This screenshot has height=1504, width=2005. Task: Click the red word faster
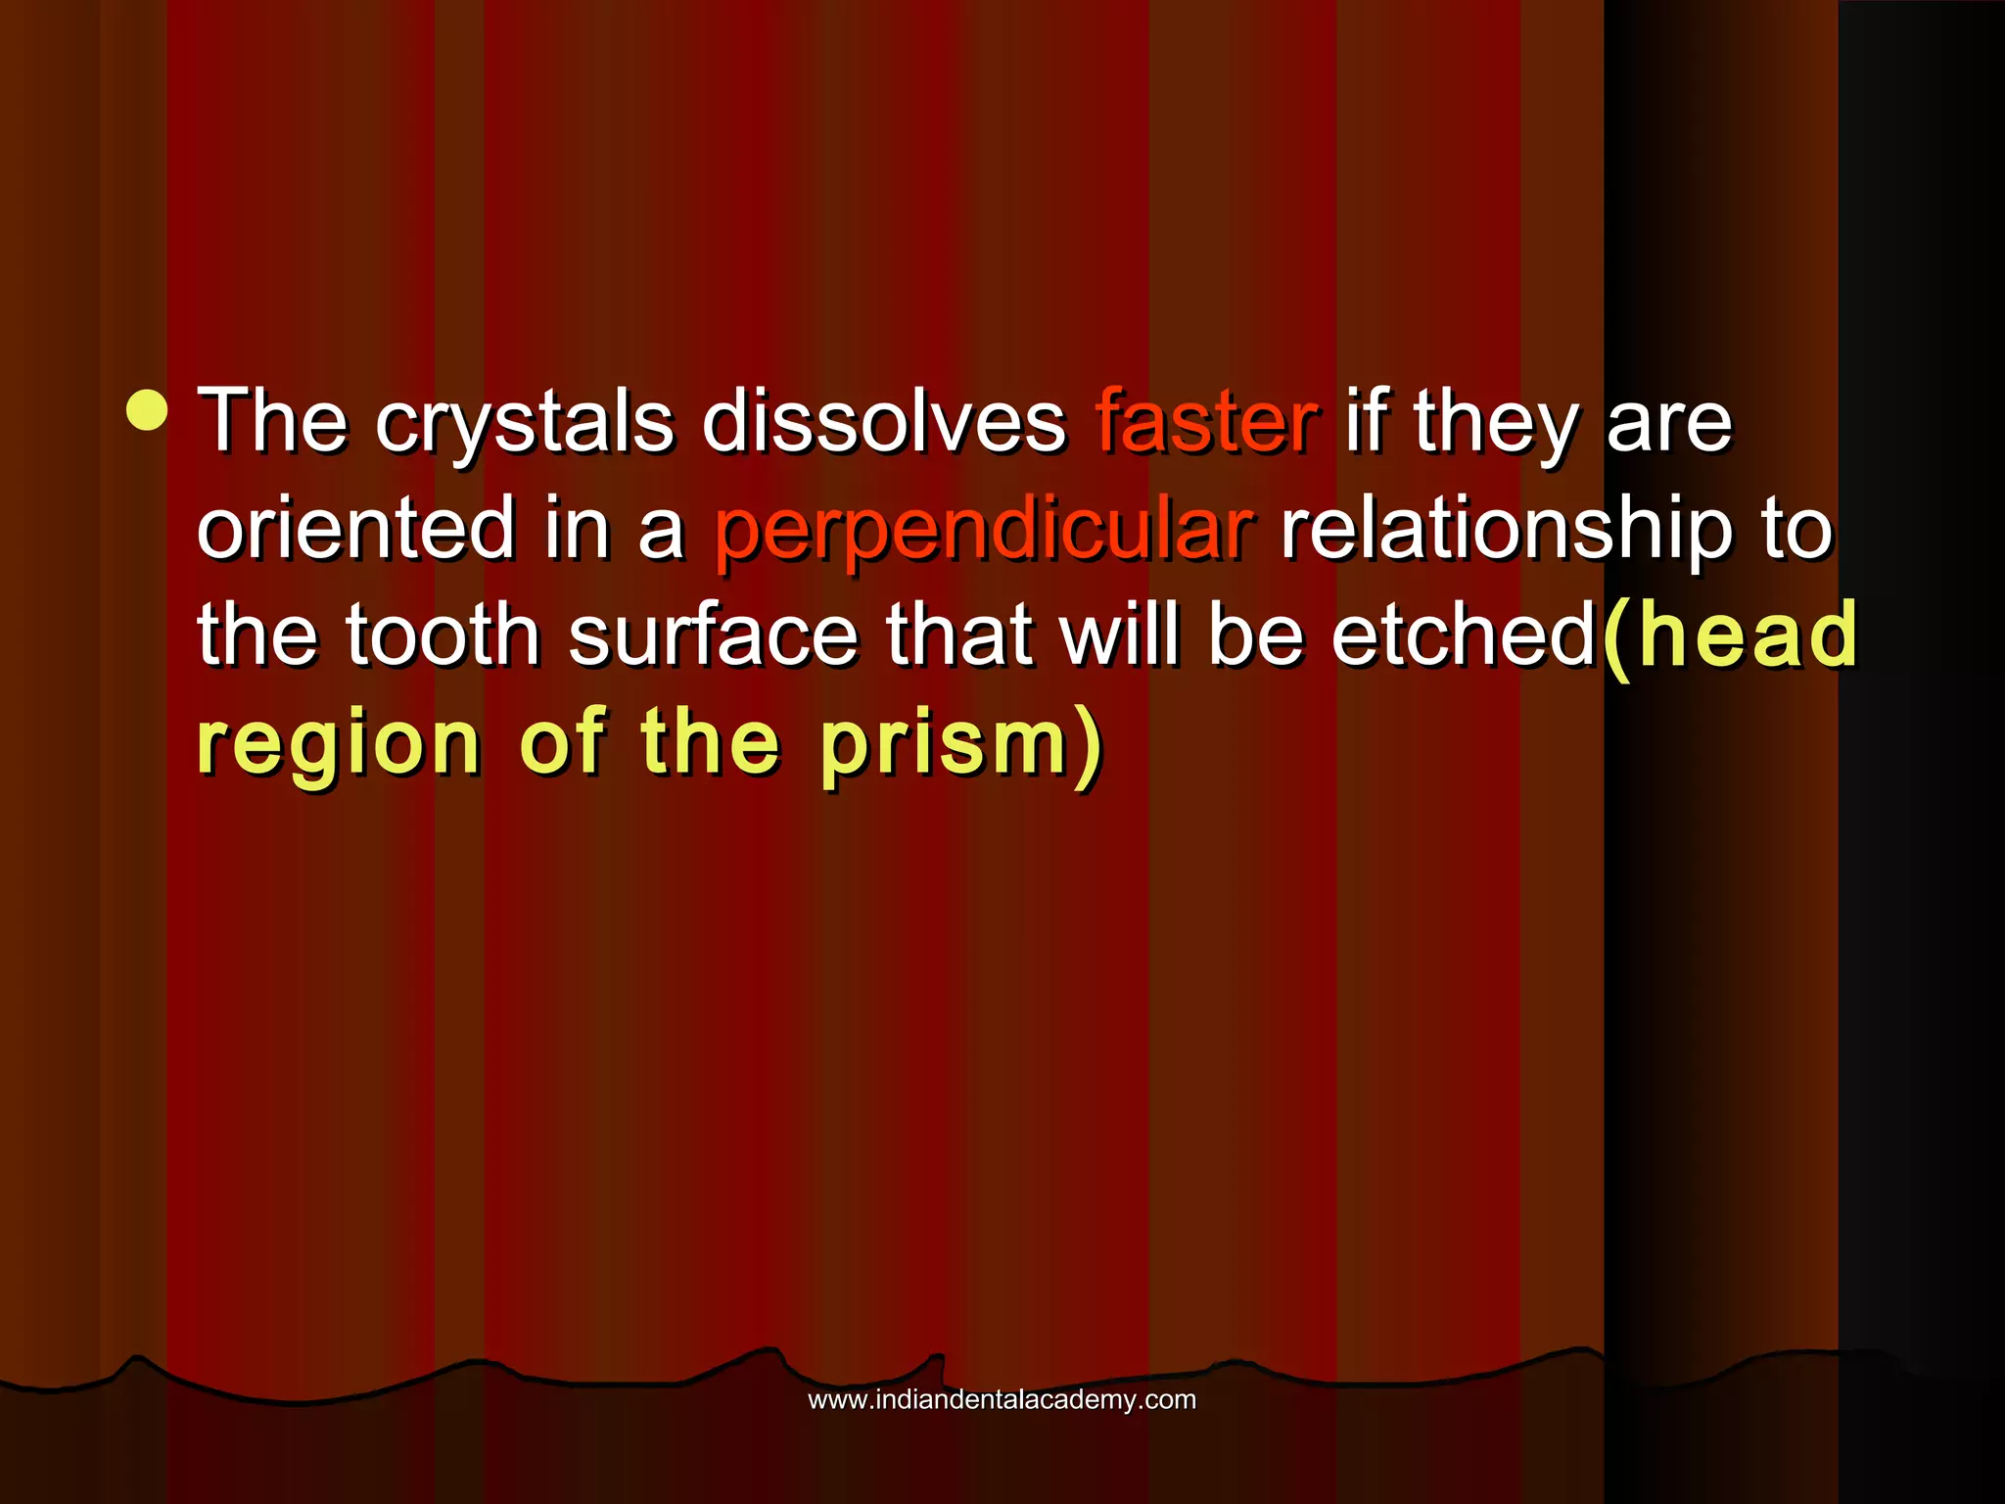[x=1207, y=423]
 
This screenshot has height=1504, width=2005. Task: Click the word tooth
[x=443, y=635]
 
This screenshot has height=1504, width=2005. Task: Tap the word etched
[x=1465, y=635]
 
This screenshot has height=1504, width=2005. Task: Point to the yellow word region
[x=340, y=746]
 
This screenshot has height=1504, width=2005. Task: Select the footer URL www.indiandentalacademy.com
[x=1002, y=1399]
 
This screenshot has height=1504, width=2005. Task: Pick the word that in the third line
[x=958, y=635]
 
